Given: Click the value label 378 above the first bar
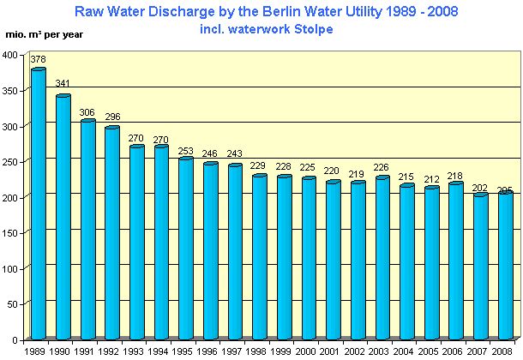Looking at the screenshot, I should click(38, 60).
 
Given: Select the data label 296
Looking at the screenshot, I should click(112, 117).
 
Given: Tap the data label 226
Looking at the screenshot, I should click(383, 168).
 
